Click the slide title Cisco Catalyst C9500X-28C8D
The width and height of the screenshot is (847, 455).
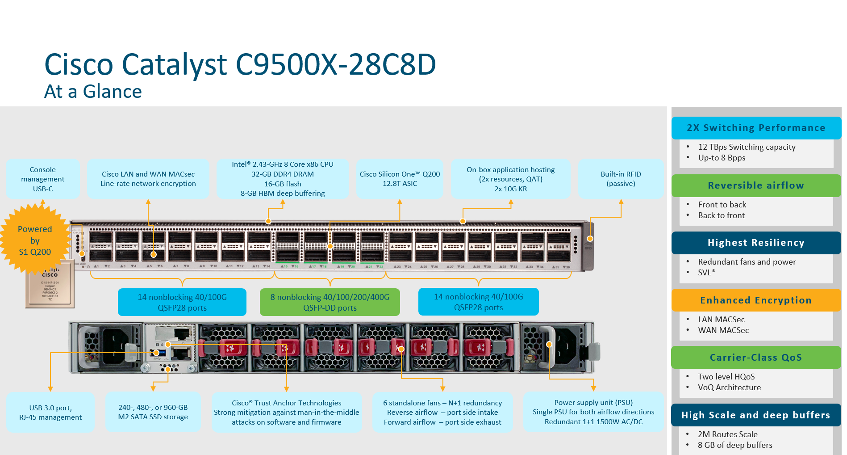pyautogui.click(x=240, y=64)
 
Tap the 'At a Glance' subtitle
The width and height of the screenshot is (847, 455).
pyautogui.click(x=93, y=92)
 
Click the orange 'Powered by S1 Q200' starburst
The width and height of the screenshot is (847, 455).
pyautogui.click(x=34, y=240)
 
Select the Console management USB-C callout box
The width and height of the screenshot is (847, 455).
pyautogui.click(x=43, y=179)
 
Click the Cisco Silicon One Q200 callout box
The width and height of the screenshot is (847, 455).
pyautogui.click(x=400, y=179)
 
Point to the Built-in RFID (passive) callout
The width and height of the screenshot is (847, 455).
pyautogui.click(x=621, y=179)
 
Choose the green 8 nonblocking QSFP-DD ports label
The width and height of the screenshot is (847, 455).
pyautogui.click(x=330, y=302)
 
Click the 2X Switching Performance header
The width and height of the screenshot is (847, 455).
pyautogui.click(x=755, y=128)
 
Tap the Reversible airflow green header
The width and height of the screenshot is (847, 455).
pyautogui.click(x=755, y=185)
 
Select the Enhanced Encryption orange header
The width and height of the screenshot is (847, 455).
pyautogui.click(x=755, y=300)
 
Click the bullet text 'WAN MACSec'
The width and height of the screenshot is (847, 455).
pyautogui.click(x=723, y=330)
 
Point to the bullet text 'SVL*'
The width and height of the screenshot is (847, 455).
pyautogui.click(x=706, y=273)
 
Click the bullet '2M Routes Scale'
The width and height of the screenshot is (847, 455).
pyautogui.click(x=727, y=434)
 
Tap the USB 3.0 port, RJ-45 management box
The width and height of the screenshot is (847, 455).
pyautogui.click(x=50, y=412)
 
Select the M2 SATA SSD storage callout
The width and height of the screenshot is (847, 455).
pyautogui.click(x=153, y=412)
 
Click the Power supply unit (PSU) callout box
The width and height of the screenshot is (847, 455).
pyautogui.click(x=593, y=412)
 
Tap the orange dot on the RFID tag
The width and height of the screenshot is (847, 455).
pyautogui.click(x=590, y=239)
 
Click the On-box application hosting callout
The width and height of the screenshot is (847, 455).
pyautogui.click(x=510, y=179)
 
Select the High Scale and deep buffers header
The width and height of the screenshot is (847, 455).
pyautogui.click(x=755, y=415)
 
